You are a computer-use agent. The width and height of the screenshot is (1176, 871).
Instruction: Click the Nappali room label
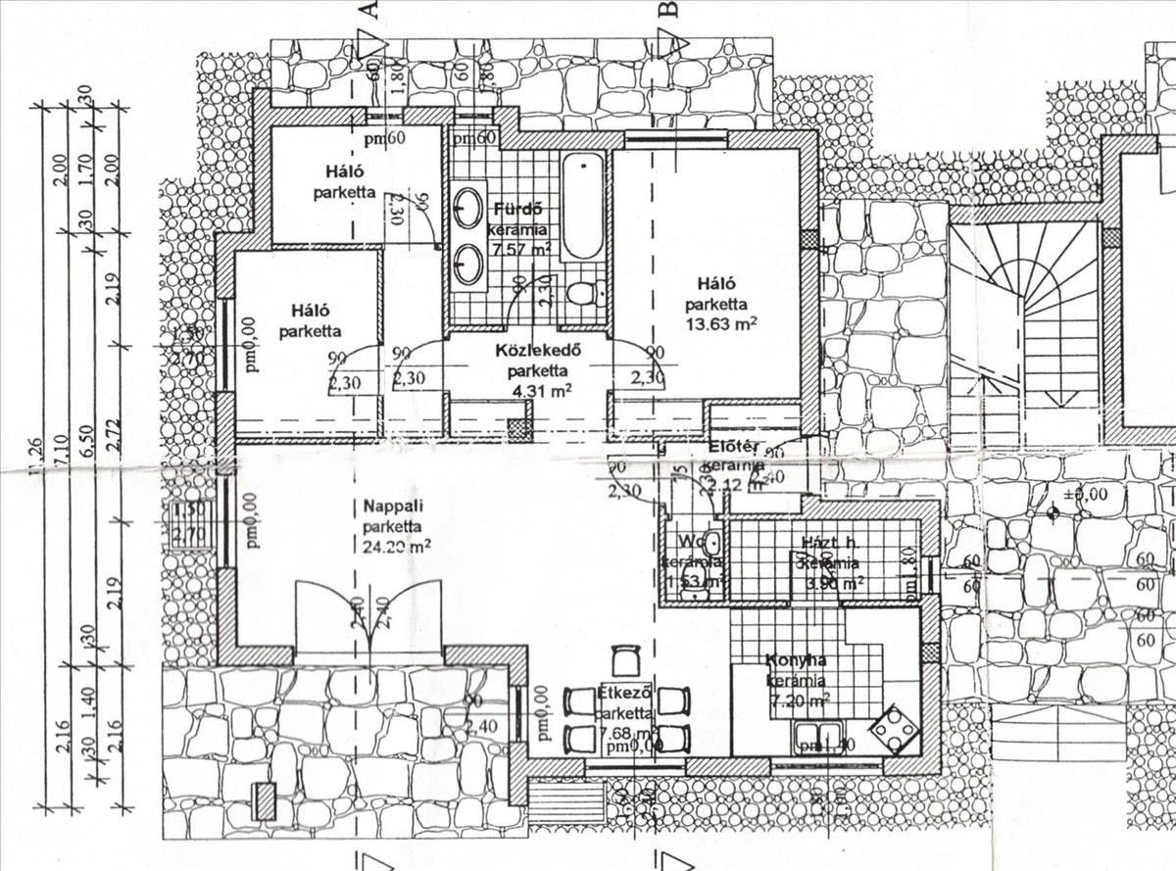(386, 507)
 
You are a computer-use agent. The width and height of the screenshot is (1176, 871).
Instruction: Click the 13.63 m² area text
(724, 322)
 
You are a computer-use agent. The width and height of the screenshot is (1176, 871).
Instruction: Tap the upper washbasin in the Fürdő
(468, 210)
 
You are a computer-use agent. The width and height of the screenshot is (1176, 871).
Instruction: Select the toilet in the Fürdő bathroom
(582, 293)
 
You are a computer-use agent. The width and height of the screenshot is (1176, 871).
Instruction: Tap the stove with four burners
(894, 727)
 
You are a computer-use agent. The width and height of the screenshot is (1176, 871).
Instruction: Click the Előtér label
(729, 448)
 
